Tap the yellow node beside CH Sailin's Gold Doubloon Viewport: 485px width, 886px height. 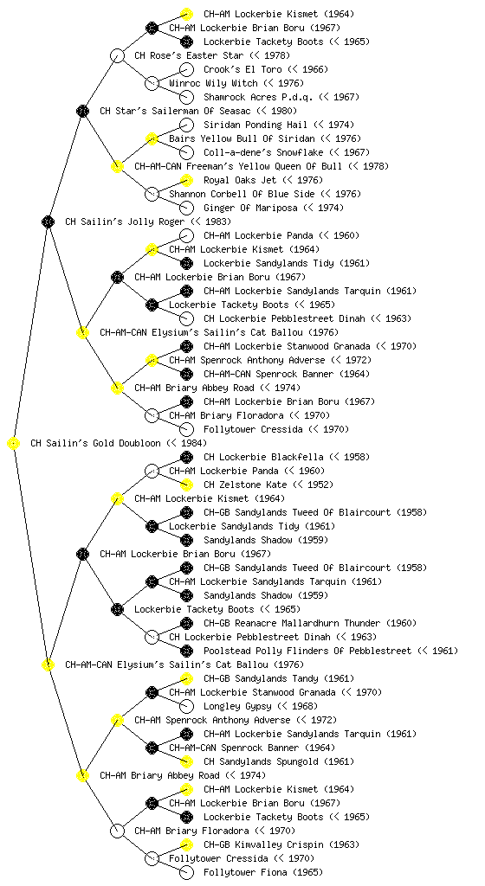pyautogui.click(x=14, y=444)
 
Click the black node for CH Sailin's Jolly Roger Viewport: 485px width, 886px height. pyautogui.click(x=48, y=221)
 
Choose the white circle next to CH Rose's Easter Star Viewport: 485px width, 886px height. pyautogui.click(x=117, y=55)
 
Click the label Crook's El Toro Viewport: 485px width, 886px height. pyautogui.click(x=242, y=69)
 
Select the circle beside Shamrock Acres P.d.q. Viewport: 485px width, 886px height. pyautogui.click(x=186, y=97)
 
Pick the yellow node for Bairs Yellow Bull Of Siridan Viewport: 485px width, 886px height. pyautogui.click(x=152, y=138)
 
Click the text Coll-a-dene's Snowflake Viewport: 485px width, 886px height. pyautogui.click(x=263, y=152)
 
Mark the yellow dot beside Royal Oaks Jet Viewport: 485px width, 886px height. pyautogui.click(x=186, y=180)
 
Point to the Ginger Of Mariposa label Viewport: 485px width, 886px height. pyautogui.click(x=250, y=208)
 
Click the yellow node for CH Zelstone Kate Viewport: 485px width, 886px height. pyautogui.click(x=186, y=485)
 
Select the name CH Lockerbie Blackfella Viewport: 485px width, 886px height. pyautogui.click(x=263, y=457)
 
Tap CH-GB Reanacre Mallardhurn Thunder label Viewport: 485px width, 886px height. pyautogui.click(x=292, y=623)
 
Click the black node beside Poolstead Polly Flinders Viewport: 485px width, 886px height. pyautogui.click(x=186, y=651)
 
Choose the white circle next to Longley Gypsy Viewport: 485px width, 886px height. pyautogui.click(x=186, y=706)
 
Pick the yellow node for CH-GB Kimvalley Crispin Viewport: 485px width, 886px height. pyautogui.click(x=186, y=844)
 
